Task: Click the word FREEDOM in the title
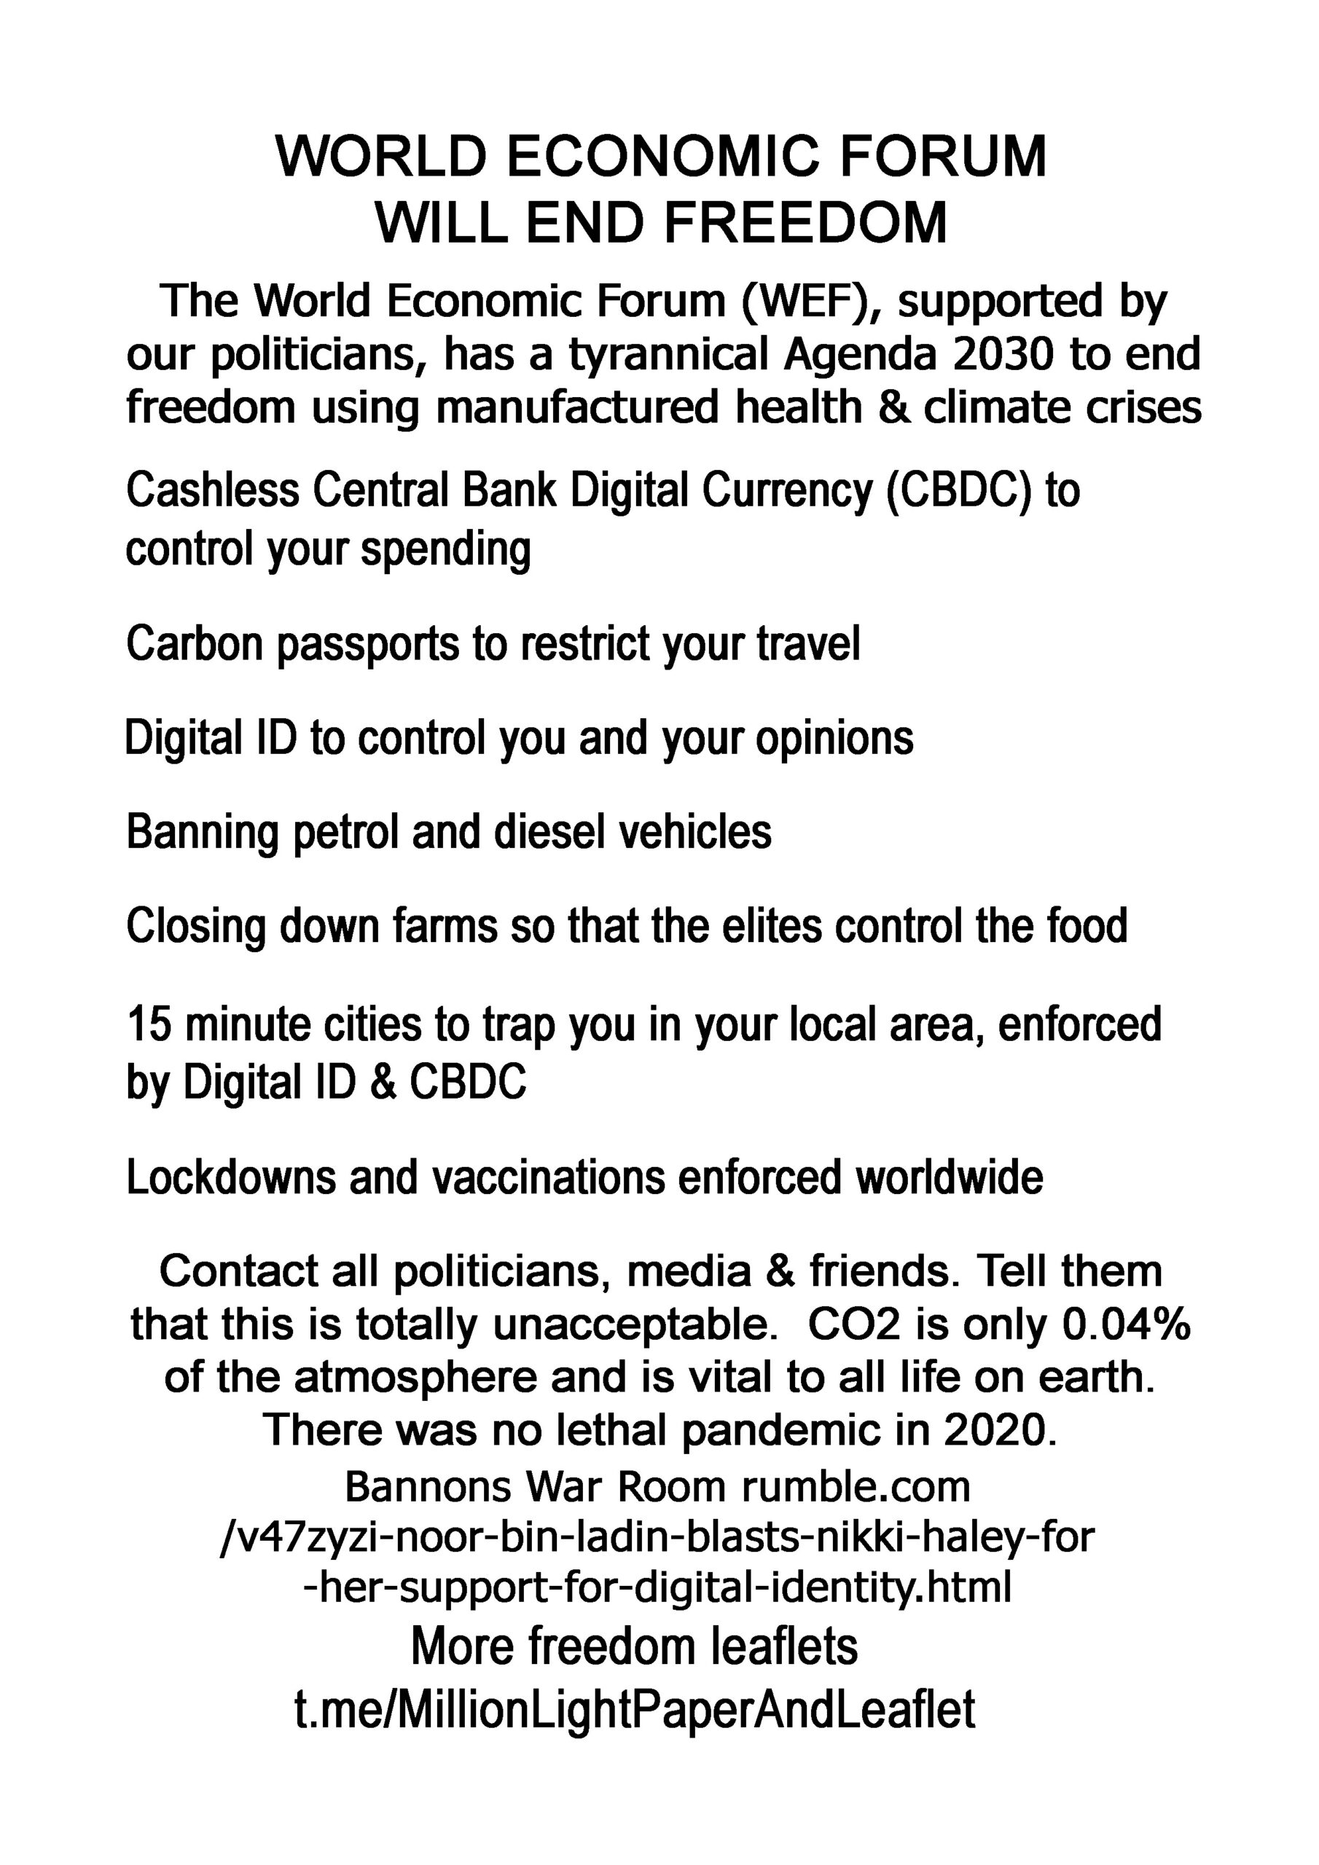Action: click(x=805, y=223)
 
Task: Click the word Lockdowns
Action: click(x=230, y=1177)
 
